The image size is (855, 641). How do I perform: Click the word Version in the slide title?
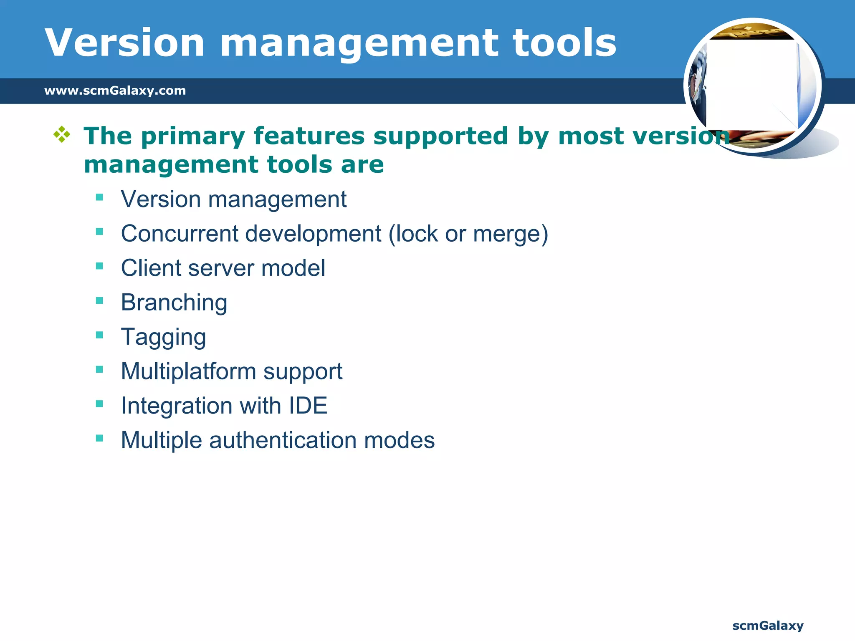124,43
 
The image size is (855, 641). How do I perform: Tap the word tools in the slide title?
564,43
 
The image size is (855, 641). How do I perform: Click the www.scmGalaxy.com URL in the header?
115,91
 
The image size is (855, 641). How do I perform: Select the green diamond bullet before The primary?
61,134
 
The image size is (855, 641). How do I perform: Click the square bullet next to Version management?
99,197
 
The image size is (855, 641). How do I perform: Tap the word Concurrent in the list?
180,233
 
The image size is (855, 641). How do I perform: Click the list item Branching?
174,303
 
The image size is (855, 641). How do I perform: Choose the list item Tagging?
163,337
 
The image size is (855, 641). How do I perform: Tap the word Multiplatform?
188,371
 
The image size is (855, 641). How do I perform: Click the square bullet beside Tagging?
99,335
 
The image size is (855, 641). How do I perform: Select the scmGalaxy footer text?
768,626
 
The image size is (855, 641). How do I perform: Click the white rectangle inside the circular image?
751,83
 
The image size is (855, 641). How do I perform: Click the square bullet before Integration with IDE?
99,404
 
